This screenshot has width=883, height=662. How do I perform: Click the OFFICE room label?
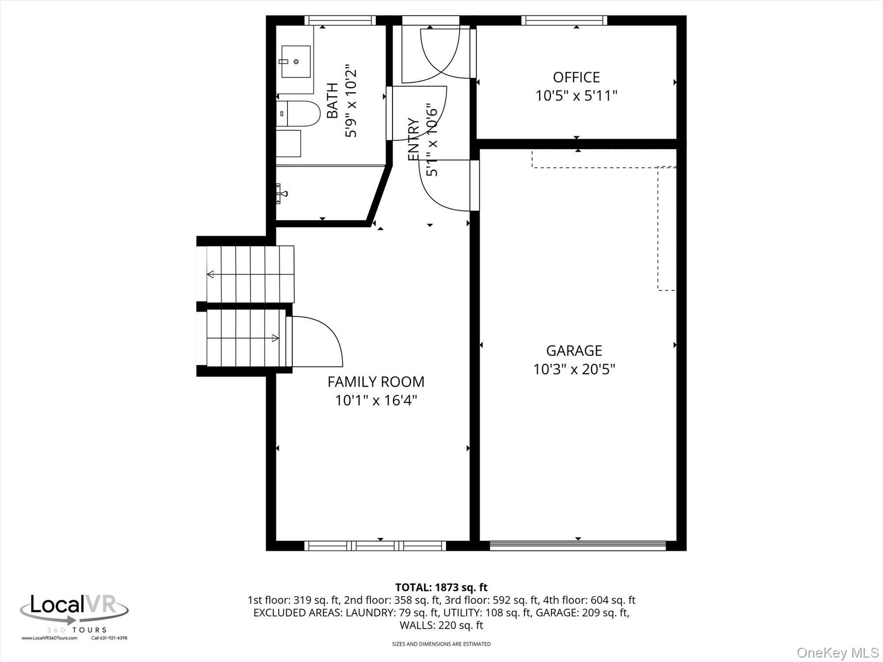[x=576, y=77]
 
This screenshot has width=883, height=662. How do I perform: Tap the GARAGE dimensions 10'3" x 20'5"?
[x=574, y=369]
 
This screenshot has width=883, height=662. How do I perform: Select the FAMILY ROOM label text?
[x=376, y=382]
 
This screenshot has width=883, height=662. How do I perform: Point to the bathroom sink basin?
[x=296, y=61]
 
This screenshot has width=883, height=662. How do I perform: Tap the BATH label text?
[x=333, y=101]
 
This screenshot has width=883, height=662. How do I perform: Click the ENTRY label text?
[x=414, y=139]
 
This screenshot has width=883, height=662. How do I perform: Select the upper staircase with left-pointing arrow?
[x=250, y=274]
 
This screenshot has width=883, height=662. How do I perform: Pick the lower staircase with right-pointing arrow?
[x=245, y=338]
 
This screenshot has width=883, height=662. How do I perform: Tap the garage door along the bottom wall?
[x=577, y=546]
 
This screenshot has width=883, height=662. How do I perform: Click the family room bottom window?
[x=375, y=546]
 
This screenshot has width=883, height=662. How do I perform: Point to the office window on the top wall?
[x=564, y=20]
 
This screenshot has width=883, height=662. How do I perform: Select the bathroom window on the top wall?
[x=339, y=20]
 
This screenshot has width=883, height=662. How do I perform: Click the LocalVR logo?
[x=74, y=611]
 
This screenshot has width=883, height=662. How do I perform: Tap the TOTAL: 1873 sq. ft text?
[x=441, y=587]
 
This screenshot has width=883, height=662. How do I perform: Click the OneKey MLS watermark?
[x=838, y=653]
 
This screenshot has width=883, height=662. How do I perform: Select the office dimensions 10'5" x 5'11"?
[x=576, y=96]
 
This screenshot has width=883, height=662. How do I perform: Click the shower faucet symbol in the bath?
[x=281, y=193]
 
